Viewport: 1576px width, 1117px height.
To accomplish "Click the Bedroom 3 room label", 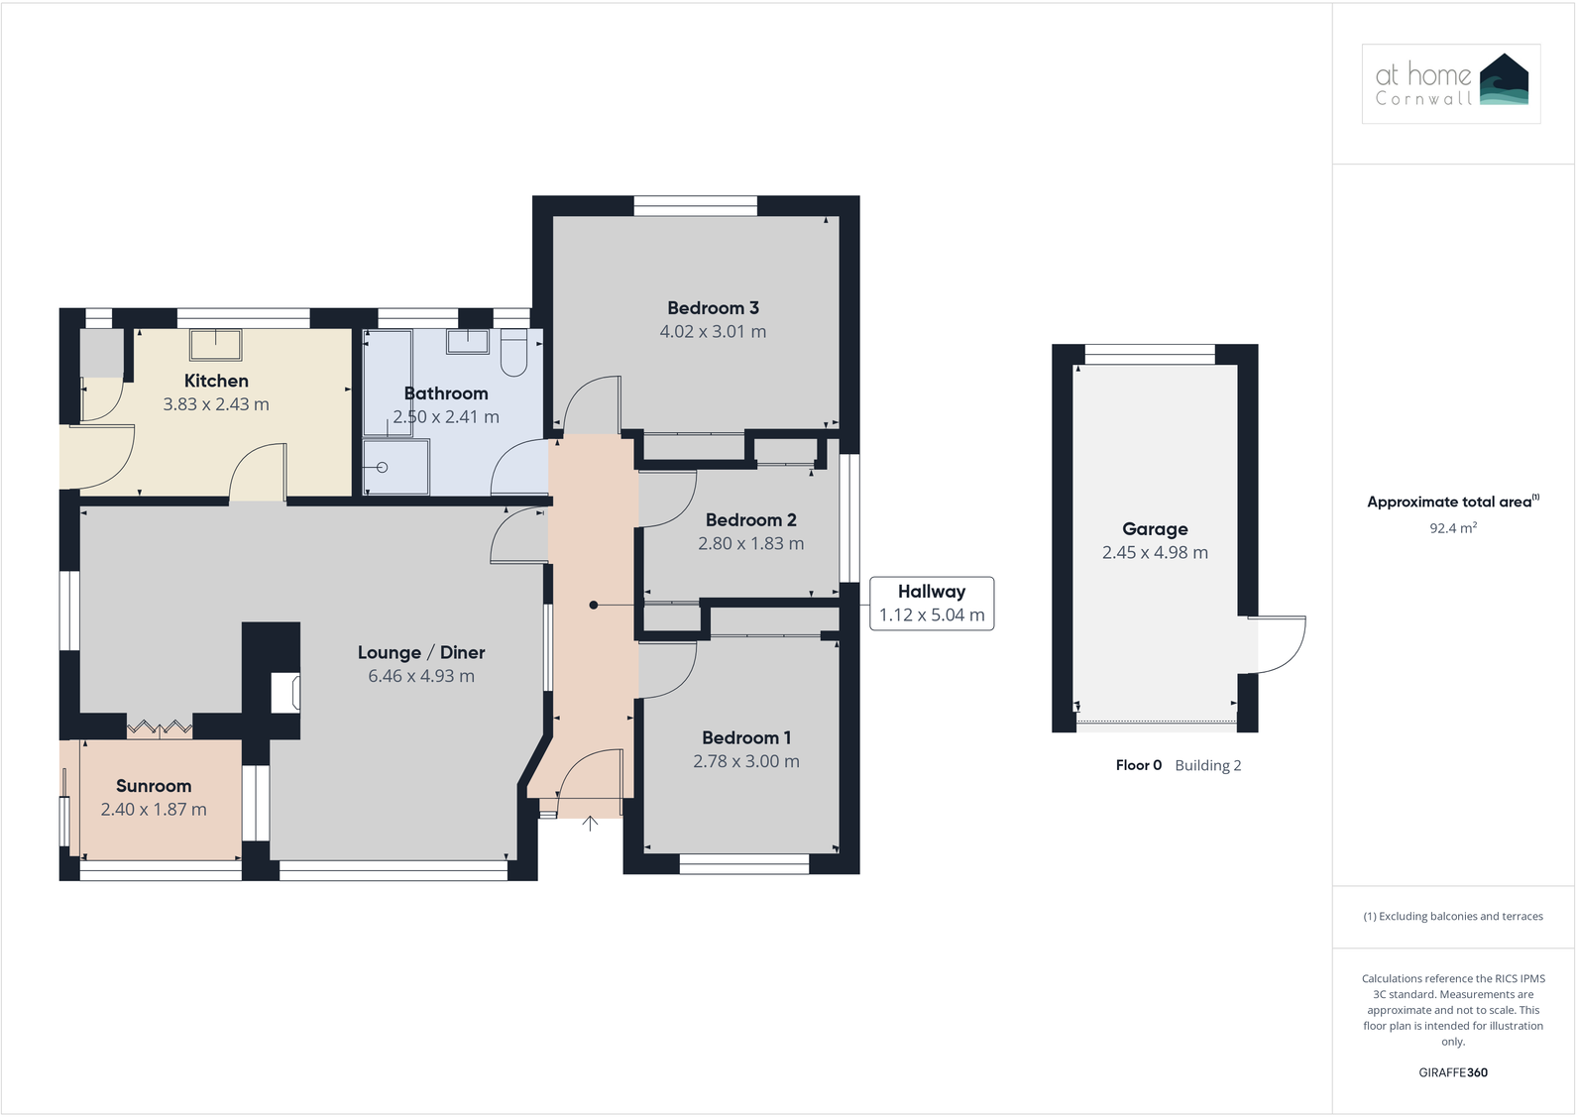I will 713,308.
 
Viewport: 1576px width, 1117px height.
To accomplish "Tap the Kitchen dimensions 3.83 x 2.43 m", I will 216,404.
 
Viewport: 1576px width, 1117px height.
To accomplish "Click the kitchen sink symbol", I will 216,344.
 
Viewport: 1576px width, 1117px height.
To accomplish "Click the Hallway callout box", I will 931,604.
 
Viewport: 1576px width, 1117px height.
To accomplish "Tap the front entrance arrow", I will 590,823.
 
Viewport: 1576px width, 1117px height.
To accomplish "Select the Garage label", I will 1155,529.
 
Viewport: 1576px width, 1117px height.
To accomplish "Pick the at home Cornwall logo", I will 1451,83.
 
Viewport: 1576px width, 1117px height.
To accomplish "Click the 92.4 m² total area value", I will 1452,528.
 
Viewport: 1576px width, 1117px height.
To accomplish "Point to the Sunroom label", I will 154,786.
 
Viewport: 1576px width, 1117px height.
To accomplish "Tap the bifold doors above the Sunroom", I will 159,728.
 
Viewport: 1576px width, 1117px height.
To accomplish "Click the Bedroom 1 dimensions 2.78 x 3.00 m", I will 745,761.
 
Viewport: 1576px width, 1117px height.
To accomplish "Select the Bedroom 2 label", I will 750,520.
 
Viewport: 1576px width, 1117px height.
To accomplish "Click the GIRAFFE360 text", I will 1452,1072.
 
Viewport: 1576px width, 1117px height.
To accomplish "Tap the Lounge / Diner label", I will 421,652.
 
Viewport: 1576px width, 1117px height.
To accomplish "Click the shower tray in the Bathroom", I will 395,467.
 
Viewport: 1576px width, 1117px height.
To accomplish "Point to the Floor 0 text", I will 1138,765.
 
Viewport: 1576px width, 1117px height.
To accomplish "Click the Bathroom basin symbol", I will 467,342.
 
